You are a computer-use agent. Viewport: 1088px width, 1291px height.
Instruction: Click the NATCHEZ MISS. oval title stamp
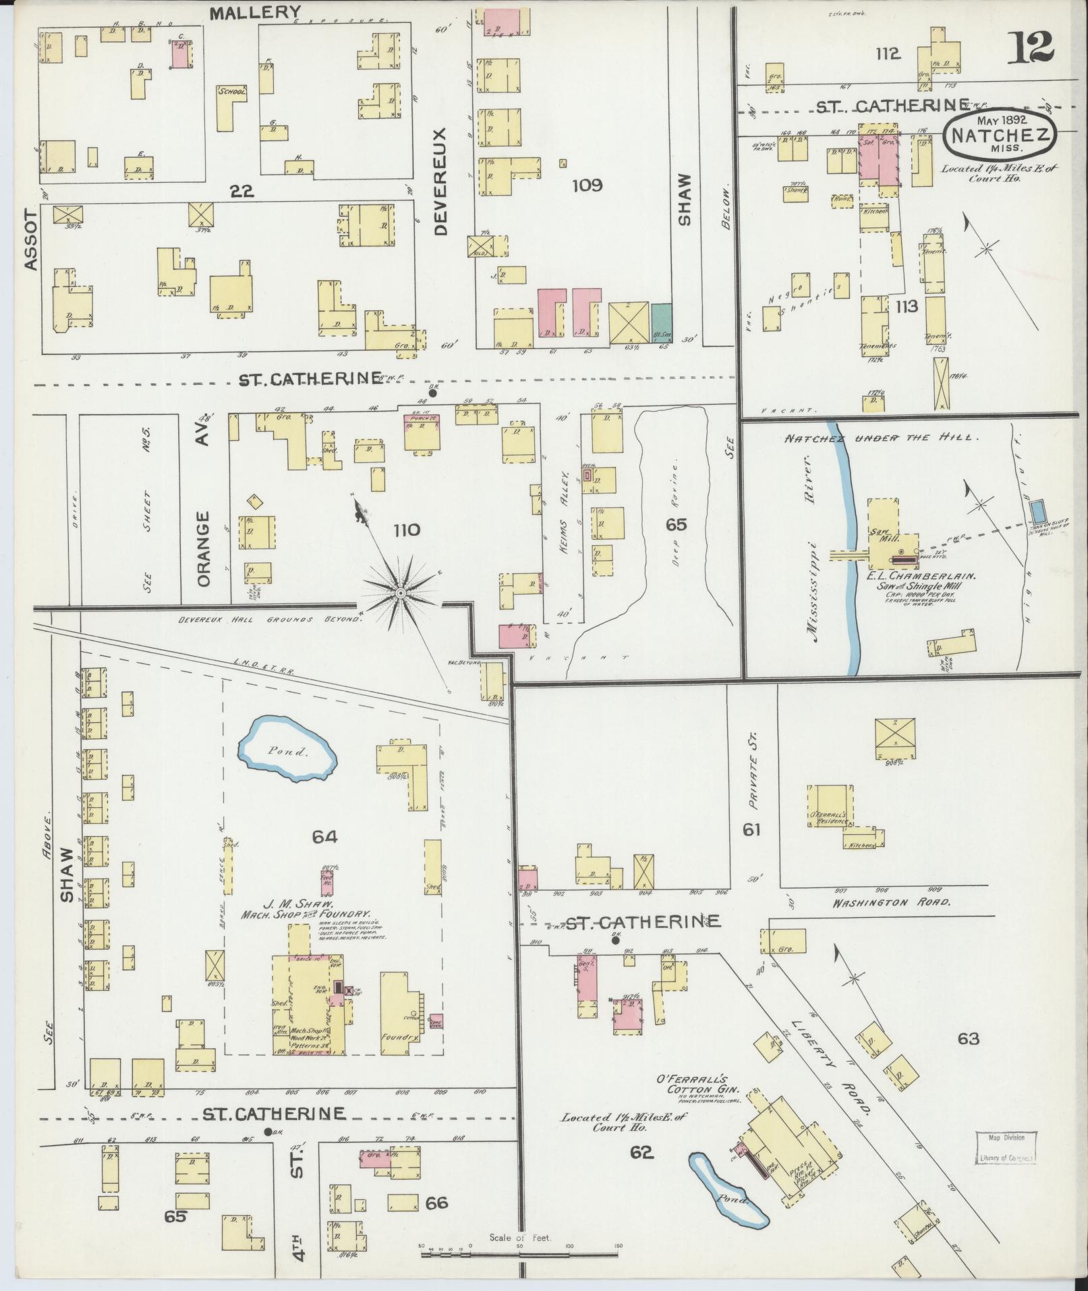tap(1000, 136)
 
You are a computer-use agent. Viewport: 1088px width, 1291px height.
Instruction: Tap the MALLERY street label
tap(255, 12)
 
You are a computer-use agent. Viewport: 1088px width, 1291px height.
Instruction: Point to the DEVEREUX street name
tap(441, 181)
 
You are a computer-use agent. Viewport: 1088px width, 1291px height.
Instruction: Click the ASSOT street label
tap(30, 240)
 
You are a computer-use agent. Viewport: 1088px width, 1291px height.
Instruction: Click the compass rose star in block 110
tap(401, 592)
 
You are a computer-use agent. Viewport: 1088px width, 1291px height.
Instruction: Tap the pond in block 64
tap(288, 750)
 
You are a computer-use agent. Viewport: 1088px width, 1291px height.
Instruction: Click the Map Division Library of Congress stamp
tap(1004, 1148)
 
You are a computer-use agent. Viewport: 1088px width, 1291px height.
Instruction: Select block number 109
tap(586, 185)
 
